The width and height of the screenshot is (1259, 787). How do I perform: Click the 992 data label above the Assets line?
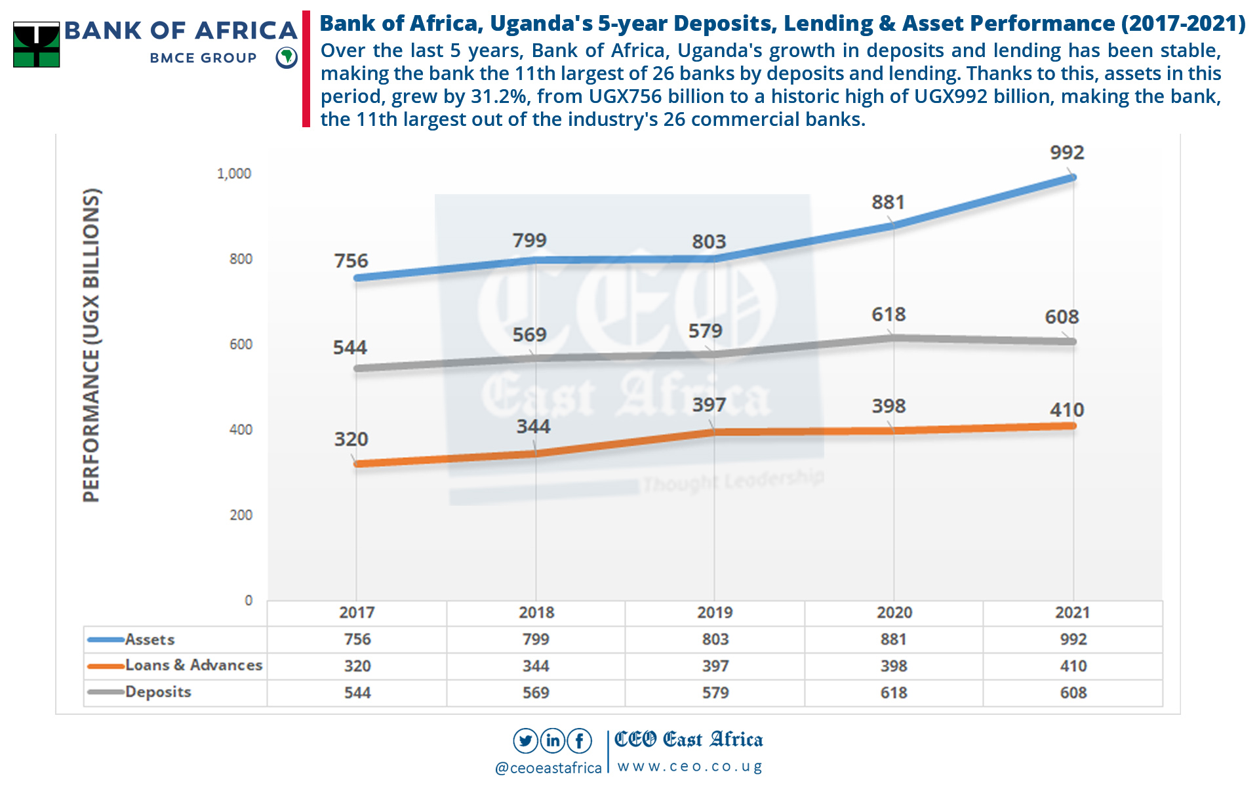(x=1067, y=153)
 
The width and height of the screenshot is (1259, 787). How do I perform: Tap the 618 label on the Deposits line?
(x=889, y=315)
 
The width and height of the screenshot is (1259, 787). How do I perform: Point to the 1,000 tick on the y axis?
(x=234, y=174)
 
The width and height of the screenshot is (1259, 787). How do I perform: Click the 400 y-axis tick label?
(x=241, y=430)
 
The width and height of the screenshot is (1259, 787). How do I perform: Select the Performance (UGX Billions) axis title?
(x=92, y=346)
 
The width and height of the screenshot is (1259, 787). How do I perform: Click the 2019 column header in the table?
(x=715, y=613)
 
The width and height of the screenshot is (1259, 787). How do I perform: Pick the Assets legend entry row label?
(x=150, y=639)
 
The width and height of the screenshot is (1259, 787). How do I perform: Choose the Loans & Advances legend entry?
(x=193, y=666)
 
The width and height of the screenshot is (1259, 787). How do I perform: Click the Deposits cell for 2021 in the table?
(x=1073, y=693)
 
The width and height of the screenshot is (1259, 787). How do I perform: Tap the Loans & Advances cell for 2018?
(x=536, y=666)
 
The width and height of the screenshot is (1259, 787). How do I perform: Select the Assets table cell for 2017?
(x=357, y=639)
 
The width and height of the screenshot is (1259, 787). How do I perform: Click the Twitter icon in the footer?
(x=525, y=741)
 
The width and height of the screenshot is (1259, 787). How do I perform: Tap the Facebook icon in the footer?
(x=580, y=741)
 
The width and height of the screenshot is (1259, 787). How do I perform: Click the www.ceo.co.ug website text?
(x=689, y=767)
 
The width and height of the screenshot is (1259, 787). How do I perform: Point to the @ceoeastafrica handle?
(x=548, y=768)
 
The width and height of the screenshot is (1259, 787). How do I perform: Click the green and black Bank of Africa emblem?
(x=37, y=45)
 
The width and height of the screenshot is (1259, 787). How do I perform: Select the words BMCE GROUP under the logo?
(x=203, y=58)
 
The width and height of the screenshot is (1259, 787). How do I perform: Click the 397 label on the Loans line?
(x=709, y=405)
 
